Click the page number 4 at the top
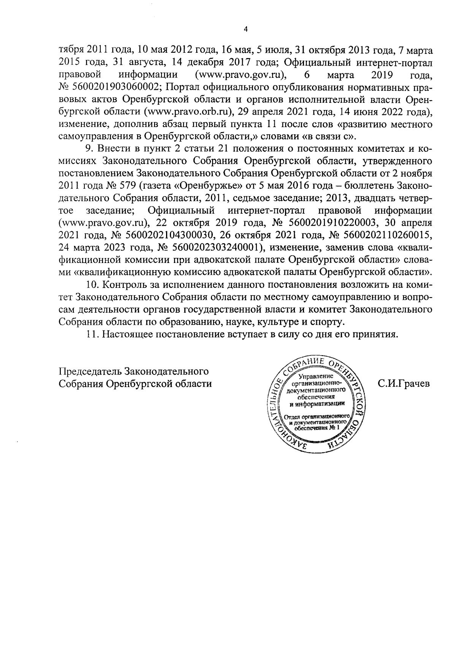tap(245, 29)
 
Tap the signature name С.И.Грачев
tap(403, 384)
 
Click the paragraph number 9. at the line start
tap(90, 148)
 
